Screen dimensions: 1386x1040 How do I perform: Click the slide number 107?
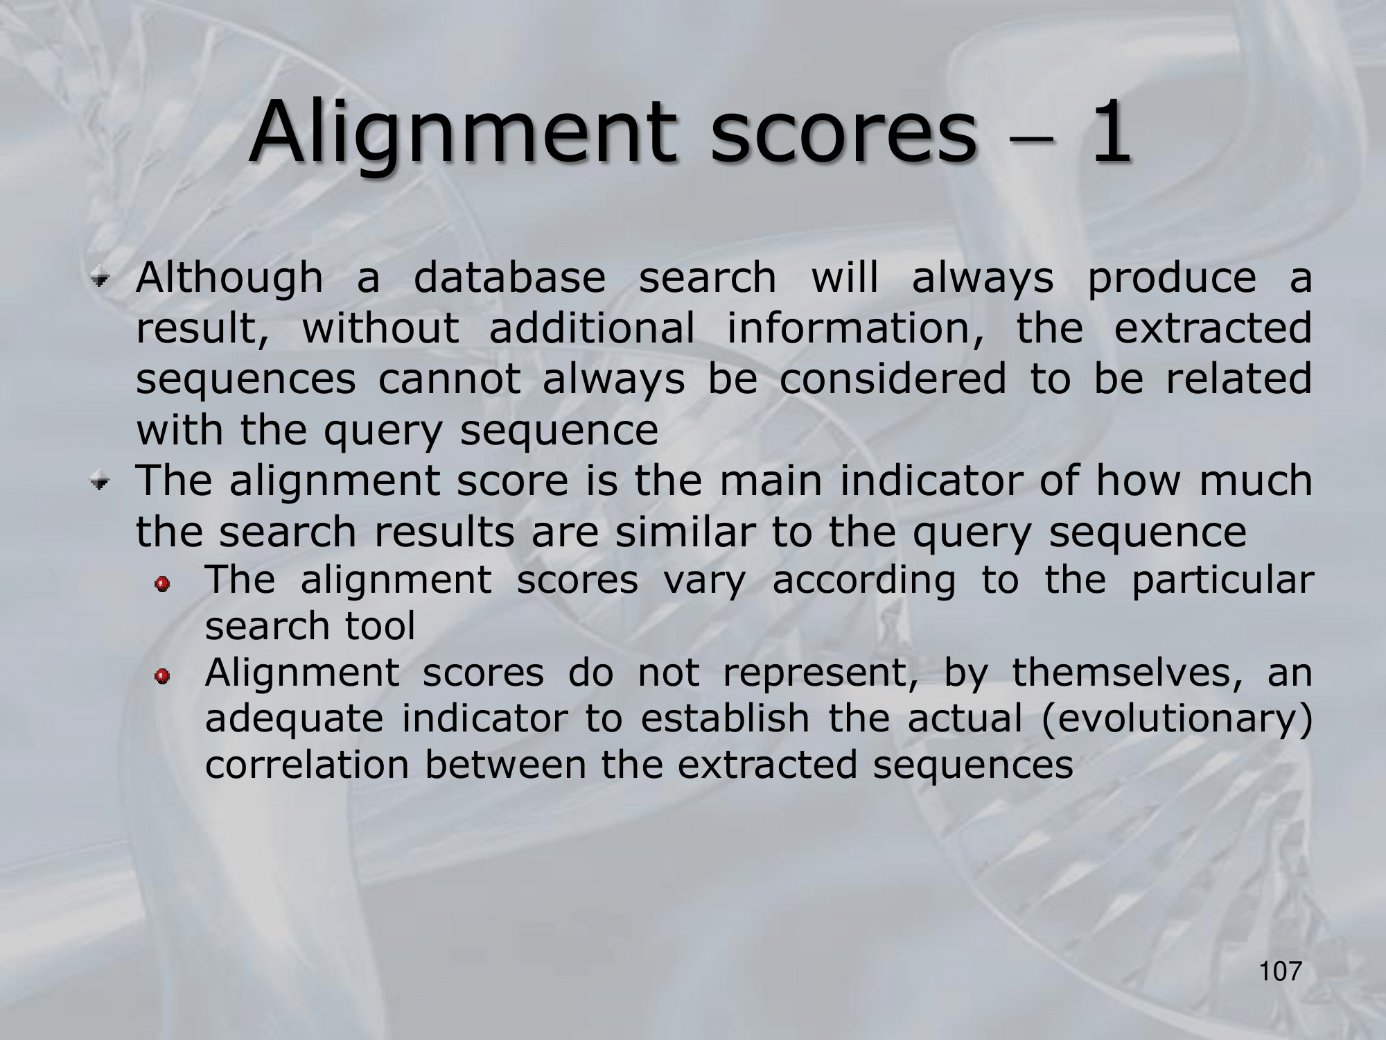pyautogui.click(x=1281, y=971)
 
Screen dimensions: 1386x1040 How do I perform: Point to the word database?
pyautogui.click(x=509, y=277)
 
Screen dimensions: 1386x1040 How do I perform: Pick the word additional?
pyautogui.click(x=592, y=327)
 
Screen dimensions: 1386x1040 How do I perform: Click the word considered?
pyautogui.click(x=893, y=379)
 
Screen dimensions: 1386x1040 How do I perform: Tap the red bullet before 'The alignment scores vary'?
pyautogui.click(x=162, y=584)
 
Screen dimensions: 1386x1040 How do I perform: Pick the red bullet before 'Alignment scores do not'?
pyautogui.click(x=162, y=676)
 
